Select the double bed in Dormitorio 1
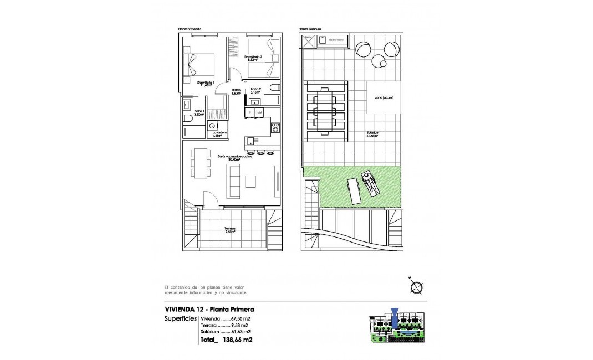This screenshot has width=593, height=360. pyautogui.click(x=198, y=64)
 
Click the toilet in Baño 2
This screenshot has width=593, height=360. pyautogui.click(x=275, y=88)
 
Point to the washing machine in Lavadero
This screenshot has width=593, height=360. pyautogui.click(x=213, y=126)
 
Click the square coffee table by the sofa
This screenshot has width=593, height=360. pyautogui.click(x=251, y=181)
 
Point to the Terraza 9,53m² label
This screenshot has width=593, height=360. pyautogui.click(x=230, y=230)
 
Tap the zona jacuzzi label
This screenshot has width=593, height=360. pyautogui.click(x=384, y=97)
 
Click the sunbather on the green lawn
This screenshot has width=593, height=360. pyautogui.click(x=370, y=183)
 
